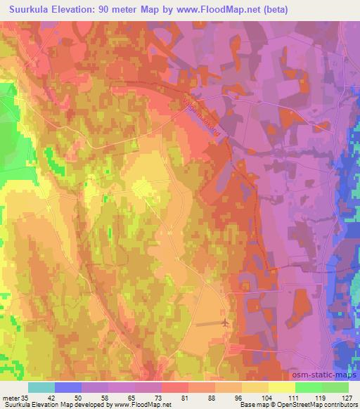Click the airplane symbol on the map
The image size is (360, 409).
[x=224, y=323]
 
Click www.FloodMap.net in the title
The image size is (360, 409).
[x=212, y=10]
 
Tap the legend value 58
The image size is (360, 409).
[x=104, y=398]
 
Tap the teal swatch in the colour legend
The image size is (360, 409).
[x=41, y=387]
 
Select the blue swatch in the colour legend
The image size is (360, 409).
[x=68, y=387]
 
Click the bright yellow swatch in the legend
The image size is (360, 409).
[x=282, y=387]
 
